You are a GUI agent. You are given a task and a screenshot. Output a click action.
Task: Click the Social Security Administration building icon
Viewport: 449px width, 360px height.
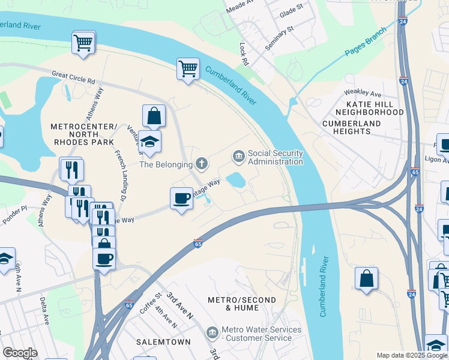point(238,157)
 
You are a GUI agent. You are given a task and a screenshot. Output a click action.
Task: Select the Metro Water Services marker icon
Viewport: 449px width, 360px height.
point(212,332)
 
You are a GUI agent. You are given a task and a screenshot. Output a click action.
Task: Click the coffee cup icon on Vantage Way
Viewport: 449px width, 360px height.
point(181,199)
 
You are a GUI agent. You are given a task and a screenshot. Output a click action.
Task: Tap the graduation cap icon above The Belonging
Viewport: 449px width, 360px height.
point(149,142)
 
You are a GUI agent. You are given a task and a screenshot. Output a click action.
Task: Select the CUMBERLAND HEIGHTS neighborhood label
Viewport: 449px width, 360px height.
point(352,127)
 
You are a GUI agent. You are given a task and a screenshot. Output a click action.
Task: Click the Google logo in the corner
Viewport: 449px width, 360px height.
point(20,352)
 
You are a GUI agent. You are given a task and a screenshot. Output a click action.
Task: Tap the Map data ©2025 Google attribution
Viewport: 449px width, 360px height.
point(411,355)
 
